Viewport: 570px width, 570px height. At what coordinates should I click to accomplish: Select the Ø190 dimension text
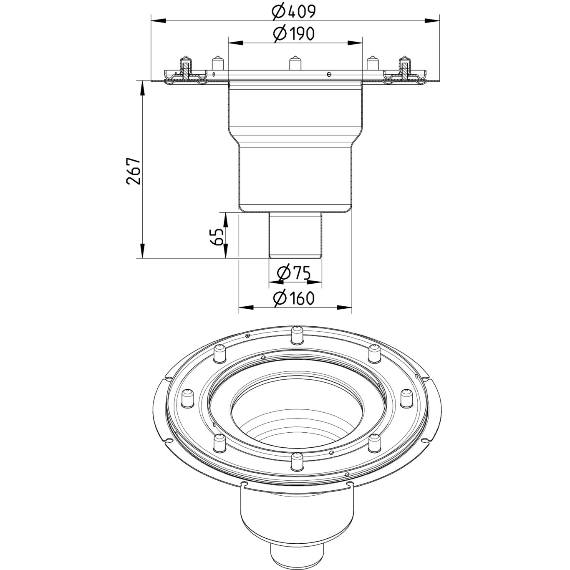pyautogui.click(x=293, y=34)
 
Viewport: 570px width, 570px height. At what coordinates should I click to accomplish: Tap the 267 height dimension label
pyautogui.click(x=133, y=172)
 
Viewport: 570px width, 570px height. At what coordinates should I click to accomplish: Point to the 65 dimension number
pyautogui.click(x=216, y=237)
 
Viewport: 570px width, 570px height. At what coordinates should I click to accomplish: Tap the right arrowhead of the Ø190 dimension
pyautogui.click(x=355, y=43)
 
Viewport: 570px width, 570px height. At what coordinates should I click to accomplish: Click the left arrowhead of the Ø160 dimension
pyautogui.click(x=246, y=308)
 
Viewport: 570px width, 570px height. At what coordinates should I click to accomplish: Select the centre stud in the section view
pyautogui.click(x=295, y=63)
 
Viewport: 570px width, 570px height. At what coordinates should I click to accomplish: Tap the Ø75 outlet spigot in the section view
pyautogui.click(x=295, y=235)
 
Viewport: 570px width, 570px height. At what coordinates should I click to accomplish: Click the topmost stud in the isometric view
pyautogui.click(x=297, y=335)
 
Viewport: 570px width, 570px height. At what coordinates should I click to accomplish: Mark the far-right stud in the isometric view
pyautogui.click(x=406, y=398)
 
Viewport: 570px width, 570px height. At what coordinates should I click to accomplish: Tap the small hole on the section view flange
pyautogui.click(x=329, y=74)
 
